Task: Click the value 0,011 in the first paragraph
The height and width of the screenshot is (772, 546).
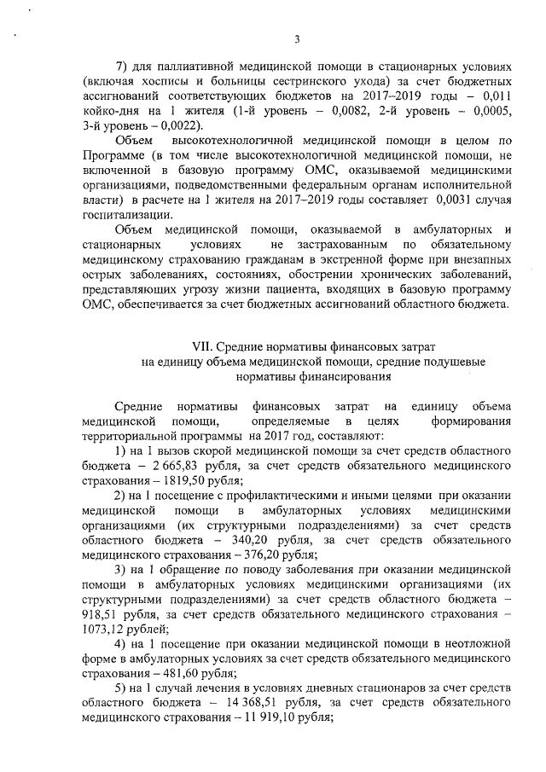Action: [493, 96]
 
